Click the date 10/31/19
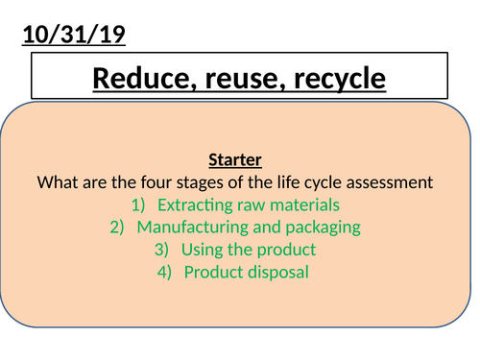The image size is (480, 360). point(73,37)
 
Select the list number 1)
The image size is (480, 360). point(138,204)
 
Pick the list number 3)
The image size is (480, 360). point(163,250)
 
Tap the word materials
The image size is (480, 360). point(303,204)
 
